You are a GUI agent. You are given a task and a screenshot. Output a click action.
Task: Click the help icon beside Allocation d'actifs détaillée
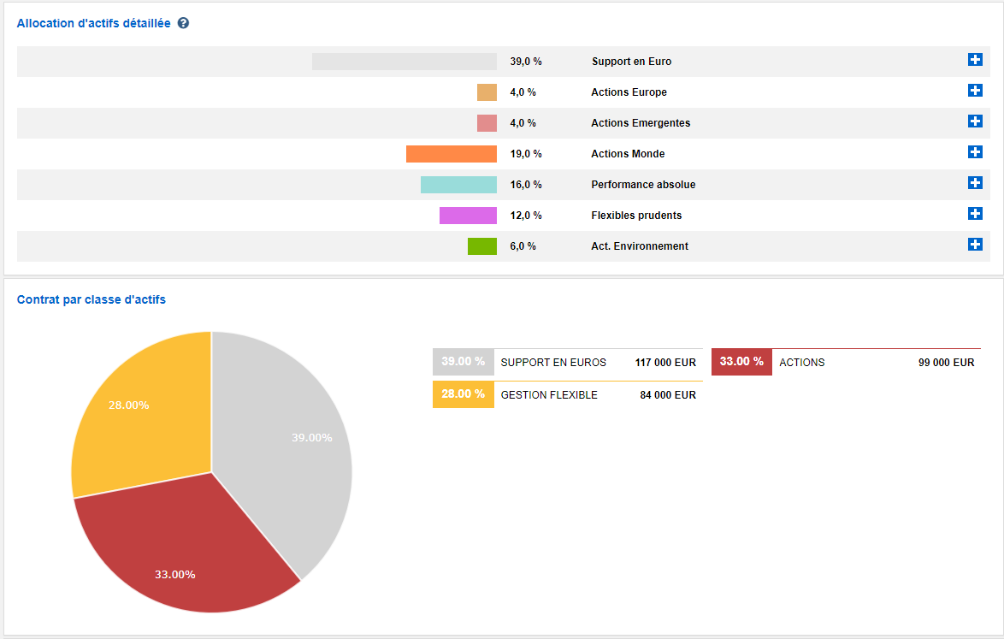(x=183, y=23)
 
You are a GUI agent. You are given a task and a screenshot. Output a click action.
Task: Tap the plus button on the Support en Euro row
(x=975, y=60)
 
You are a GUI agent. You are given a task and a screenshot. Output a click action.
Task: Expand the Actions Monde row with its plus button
(x=975, y=152)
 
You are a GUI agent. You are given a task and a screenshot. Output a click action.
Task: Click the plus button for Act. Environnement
(x=975, y=245)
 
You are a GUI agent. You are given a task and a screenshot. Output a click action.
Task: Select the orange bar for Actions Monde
(x=451, y=154)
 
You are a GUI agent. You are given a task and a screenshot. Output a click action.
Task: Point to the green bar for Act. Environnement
(x=482, y=246)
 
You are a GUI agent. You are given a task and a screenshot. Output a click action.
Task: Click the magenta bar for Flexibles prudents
(x=468, y=216)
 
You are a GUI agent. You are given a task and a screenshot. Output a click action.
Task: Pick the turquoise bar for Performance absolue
(x=458, y=185)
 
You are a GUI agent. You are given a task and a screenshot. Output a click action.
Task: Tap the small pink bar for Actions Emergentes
(x=487, y=123)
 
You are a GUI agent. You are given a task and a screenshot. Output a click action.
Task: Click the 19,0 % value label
(x=526, y=154)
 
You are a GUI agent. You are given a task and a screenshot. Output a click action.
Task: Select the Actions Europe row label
(x=629, y=92)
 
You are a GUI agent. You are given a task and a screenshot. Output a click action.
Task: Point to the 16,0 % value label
(x=526, y=185)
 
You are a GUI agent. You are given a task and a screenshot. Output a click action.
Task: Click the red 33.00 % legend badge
(x=741, y=362)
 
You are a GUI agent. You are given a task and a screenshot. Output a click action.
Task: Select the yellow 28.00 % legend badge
(x=463, y=394)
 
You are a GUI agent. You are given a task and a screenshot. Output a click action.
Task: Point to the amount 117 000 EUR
(x=665, y=363)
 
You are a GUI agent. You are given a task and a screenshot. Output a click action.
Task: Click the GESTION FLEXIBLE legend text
(x=549, y=395)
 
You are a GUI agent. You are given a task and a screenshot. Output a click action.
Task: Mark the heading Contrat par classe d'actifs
(x=92, y=300)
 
